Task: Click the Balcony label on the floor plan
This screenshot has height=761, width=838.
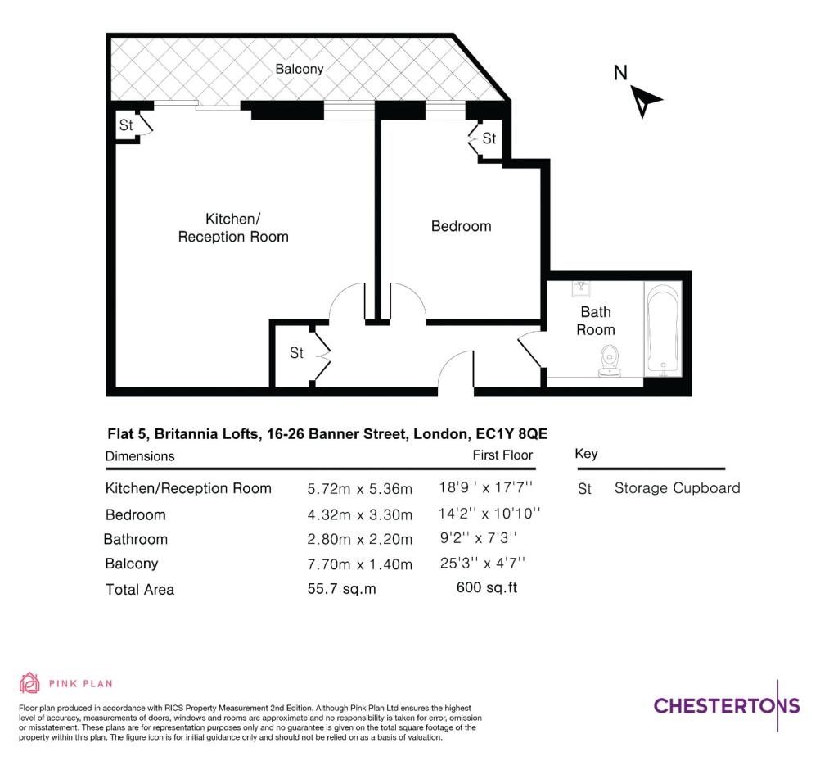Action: coord(300,69)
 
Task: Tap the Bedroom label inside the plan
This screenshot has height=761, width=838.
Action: coord(462,226)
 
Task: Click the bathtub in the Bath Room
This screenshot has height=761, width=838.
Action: coord(663,329)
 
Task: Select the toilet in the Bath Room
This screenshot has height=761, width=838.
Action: coord(609,360)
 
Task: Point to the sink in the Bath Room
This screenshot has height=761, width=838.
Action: coord(581,289)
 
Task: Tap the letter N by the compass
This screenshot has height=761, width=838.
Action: coord(620,73)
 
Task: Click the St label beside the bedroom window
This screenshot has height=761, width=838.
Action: coord(489,138)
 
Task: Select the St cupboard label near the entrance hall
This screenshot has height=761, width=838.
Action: coord(296,353)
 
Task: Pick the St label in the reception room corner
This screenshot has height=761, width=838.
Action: coord(125,125)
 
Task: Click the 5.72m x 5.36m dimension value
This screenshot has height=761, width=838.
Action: coord(360,489)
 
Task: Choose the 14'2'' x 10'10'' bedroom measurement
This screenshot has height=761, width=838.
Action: coord(489,514)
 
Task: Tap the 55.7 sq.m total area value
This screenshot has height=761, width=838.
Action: coord(341,589)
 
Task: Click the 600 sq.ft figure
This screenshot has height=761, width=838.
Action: coord(487,587)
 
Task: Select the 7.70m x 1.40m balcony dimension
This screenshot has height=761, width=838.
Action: coord(360,564)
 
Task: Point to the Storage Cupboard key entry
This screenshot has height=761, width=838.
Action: coord(677,487)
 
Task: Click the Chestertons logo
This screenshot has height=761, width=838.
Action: coord(727,705)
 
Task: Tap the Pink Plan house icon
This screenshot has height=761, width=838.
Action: coord(29,683)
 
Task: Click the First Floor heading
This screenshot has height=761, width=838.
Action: coord(502,455)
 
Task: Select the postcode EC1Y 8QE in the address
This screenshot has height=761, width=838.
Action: coord(511,433)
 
